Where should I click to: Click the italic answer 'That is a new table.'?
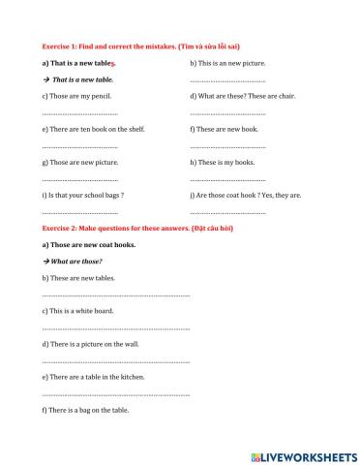pos(82,79)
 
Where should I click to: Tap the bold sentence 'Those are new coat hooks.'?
pos(89,245)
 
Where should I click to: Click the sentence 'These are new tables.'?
pos(78,278)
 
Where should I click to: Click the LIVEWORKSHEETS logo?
pos(303,454)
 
